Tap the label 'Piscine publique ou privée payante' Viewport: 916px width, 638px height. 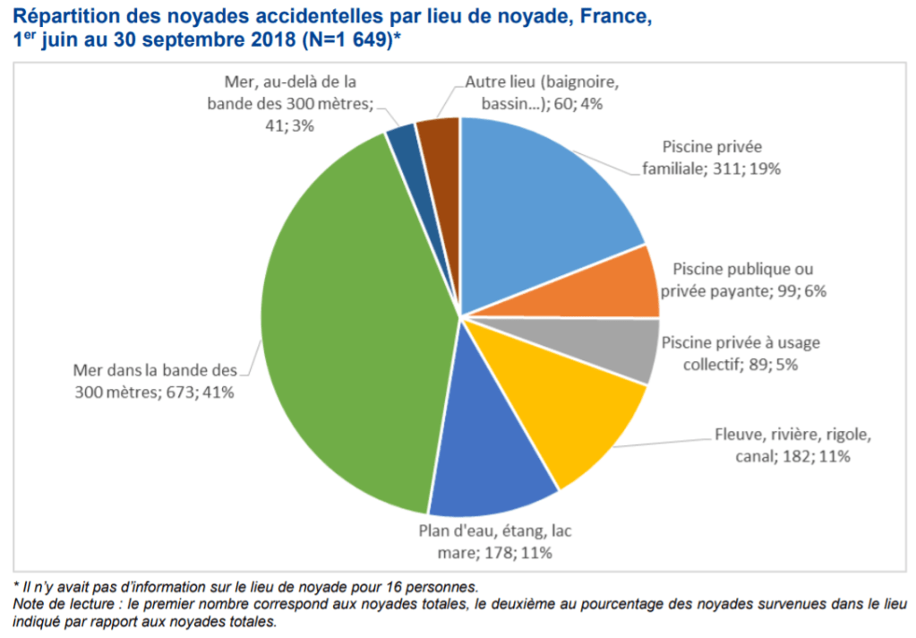tap(743, 279)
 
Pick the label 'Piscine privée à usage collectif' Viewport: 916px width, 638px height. tap(740, 353)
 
